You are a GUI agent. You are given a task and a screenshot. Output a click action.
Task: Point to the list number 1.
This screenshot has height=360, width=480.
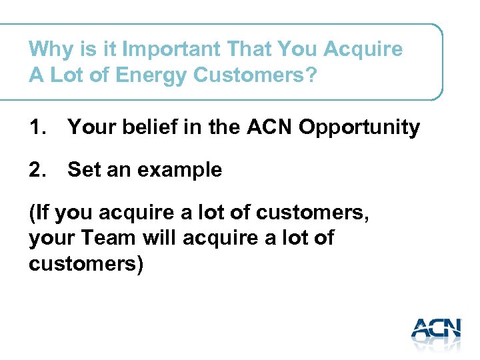[x=38, y=127]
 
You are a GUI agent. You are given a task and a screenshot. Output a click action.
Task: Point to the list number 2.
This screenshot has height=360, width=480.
[x=38, y=170]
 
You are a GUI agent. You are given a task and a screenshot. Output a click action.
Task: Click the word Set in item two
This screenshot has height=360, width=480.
[x=84, y=170]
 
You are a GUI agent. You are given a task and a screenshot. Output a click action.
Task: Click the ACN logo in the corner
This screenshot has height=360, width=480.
[x=435, y=331]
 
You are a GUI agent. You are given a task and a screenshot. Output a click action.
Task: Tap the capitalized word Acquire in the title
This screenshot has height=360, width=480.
[x=365, y=50]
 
